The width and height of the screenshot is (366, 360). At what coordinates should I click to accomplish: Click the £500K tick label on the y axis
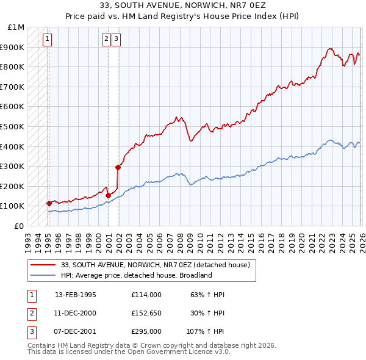tap(12, 126)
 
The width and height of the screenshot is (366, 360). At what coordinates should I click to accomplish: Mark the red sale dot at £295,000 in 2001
tap(118, 167)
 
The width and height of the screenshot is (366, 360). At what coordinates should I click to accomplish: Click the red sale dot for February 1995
tap(49, 203)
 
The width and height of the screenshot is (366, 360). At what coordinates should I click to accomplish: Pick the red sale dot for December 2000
tap(108, 195)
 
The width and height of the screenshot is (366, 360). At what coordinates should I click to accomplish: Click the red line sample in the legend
tap(44, 265)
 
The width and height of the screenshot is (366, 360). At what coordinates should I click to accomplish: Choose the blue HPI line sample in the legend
tap(44, 275)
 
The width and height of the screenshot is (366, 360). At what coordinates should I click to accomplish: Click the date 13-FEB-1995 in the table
tap(76, 295)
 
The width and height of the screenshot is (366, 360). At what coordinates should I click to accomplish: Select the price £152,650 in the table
tap(146, 313)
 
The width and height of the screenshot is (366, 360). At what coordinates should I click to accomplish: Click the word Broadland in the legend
tap(195, 275)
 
